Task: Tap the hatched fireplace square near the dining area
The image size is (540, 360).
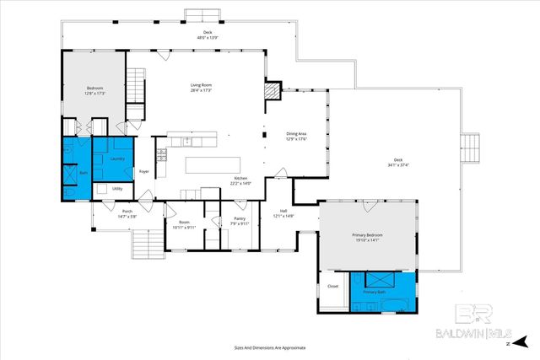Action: tap(272, 89)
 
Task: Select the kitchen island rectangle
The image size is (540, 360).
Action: tap(212, 163)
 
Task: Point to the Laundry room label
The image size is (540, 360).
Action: tap(117, 158)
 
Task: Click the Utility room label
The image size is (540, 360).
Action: tap(117, 189)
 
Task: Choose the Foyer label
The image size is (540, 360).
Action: tap(144, 171)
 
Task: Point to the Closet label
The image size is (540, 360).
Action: tap(332, 287)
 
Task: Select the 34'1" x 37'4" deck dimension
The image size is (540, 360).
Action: tap(397, 165)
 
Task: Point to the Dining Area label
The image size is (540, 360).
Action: tap(296, 135)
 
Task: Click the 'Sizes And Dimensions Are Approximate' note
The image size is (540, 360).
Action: tap(270, 347)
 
